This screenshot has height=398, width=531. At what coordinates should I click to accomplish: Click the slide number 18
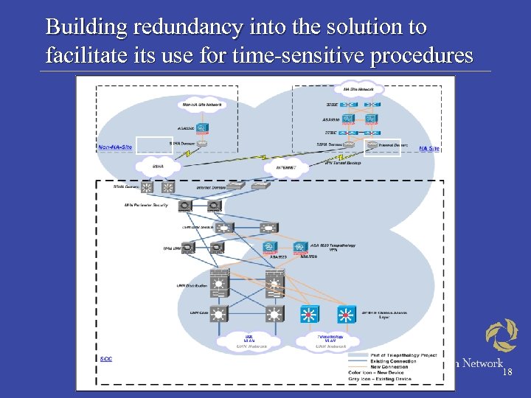[507, 373]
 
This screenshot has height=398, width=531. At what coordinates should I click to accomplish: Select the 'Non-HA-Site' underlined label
[116, 147]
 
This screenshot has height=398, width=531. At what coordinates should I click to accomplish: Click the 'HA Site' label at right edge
[429, 148]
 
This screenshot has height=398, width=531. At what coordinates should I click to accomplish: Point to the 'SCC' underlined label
[105, 358]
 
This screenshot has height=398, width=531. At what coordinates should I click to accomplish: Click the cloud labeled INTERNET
[285, 167]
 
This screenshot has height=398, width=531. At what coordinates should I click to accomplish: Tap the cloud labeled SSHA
[158, 167]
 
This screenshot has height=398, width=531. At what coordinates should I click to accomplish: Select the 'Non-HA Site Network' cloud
[201, 105]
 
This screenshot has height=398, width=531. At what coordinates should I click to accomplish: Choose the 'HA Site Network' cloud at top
[358, 89]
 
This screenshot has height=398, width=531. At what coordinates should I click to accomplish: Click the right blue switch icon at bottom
[346, 315]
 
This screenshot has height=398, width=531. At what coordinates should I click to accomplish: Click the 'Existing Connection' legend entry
[395, 361]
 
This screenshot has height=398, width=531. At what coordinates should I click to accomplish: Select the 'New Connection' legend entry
[391, 367]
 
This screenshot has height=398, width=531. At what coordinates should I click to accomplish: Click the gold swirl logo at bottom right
[502, 335]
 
